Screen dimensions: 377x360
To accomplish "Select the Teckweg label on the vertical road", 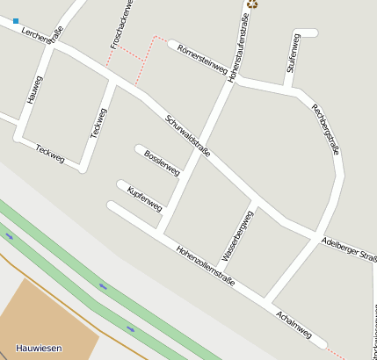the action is click(x=98, y=123).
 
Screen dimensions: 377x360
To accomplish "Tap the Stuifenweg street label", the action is click(x=293, y=54).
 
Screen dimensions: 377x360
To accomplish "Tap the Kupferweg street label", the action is click(x=144, y=198).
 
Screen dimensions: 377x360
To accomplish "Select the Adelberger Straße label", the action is click(x=350, y=248).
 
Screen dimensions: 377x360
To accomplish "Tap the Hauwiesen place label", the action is click(x=39, y=349).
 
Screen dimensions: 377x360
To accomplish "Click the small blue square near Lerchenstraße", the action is click(x=16, y=20).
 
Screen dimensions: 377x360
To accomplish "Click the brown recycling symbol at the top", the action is click(x=253, y=4).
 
